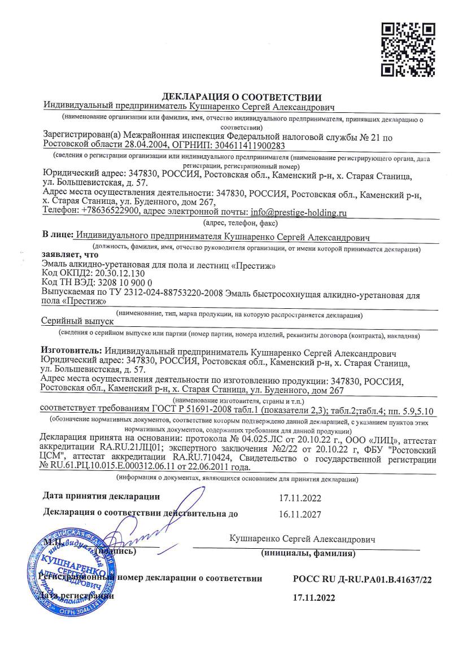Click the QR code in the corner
[x=408, y=49]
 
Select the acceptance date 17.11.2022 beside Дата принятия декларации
[x=300, y=497]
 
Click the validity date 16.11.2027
[x=300, y=514]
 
